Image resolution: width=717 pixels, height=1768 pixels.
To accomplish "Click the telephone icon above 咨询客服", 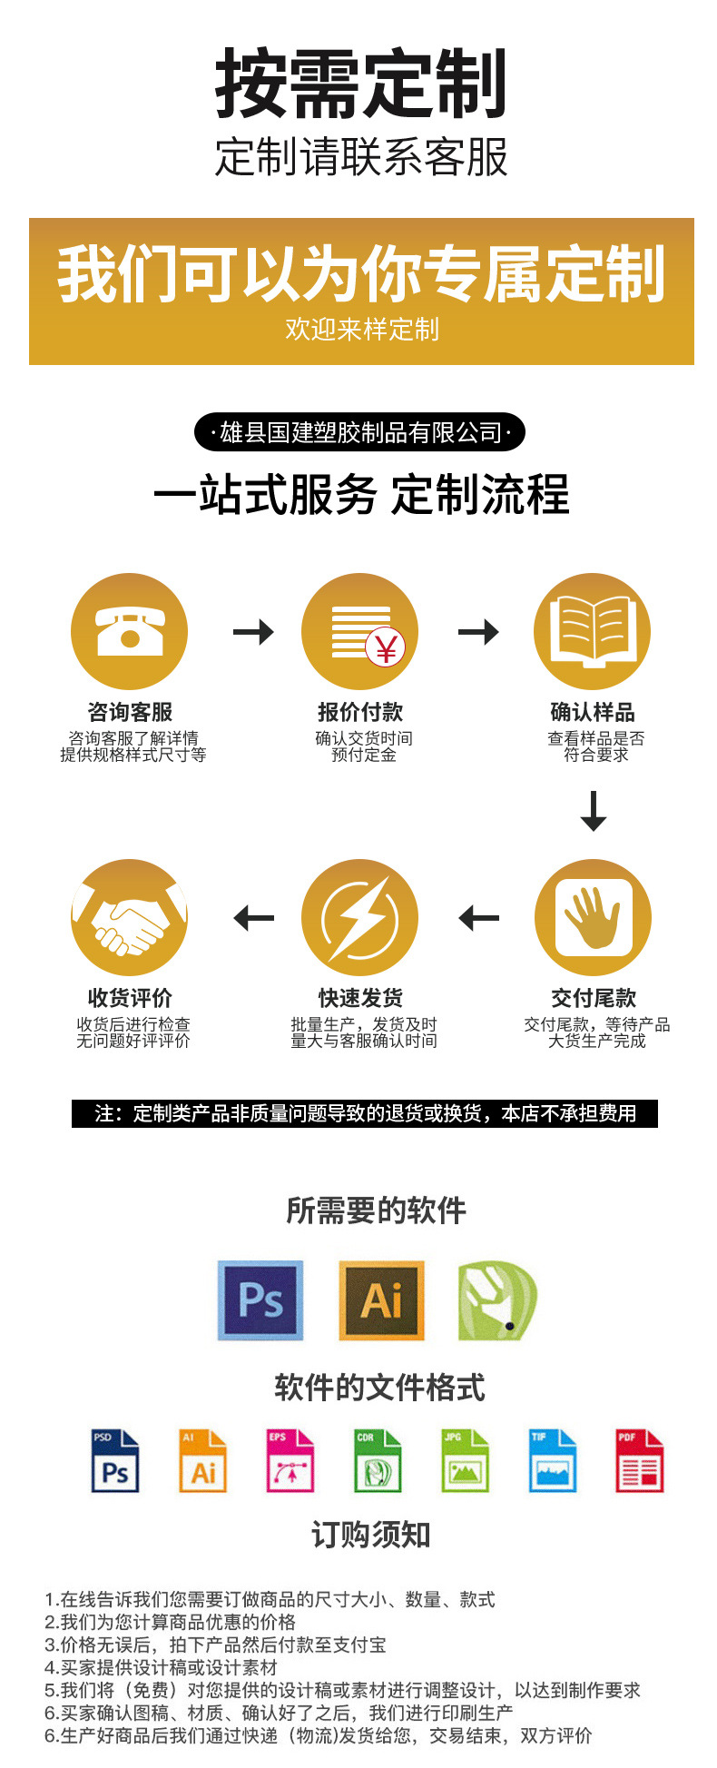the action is [x=130, y=631].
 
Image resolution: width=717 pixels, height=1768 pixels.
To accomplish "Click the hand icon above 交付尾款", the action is [x=593, y=917].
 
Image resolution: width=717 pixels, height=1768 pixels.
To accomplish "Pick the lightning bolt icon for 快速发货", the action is [x=360, y=918].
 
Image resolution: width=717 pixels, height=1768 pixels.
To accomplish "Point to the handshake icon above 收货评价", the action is [x=130, y=918].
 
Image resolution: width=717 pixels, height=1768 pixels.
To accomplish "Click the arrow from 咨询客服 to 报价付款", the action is [x=253, y=631].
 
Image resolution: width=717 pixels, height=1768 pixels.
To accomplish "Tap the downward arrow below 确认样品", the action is [x=594, y=810].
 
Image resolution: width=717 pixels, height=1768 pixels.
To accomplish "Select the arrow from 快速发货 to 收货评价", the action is [x=253, y=918].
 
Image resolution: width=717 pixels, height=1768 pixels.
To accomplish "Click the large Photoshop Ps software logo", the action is [x=260, y=1299].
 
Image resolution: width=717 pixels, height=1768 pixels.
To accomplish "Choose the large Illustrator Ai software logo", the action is [x=381, y=1299].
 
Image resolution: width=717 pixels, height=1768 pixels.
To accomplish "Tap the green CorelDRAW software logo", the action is [x=497, y=1299].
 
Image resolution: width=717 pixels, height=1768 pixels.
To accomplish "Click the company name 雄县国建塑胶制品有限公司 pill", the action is [x=360, y=432].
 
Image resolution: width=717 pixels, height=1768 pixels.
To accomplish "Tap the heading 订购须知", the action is [x=370, y=1535].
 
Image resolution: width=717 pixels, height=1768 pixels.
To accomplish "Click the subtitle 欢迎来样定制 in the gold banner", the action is [x=361, y=329].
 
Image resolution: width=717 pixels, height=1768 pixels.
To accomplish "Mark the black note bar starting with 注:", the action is [x=365, y=1113].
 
